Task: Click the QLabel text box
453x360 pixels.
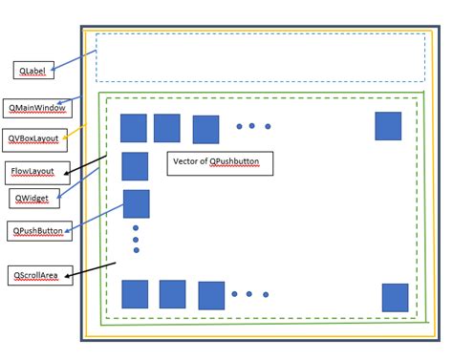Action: pos(33,70)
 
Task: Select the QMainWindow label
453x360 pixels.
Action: pos(37,108)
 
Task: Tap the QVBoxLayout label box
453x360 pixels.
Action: pos(34,139)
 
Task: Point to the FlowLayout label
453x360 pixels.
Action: pos(37,173)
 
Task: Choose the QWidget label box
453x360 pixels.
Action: pos(34,198)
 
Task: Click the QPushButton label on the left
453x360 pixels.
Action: pos(36,231)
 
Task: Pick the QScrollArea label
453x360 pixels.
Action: pos(35,276)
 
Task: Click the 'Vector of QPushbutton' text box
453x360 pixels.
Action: pos(220,162)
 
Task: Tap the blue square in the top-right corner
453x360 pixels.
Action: pos(388,126)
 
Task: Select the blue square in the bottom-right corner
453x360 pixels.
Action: pos(395,297)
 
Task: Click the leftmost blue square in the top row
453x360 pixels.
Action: pos(134,128)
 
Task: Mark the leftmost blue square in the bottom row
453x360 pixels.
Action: pos(135,294)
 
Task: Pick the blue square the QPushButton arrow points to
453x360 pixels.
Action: pos(137,203)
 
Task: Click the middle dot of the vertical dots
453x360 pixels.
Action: pos(136,239)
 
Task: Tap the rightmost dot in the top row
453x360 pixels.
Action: pos(268,126)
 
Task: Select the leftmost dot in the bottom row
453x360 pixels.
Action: pos(234,294)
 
